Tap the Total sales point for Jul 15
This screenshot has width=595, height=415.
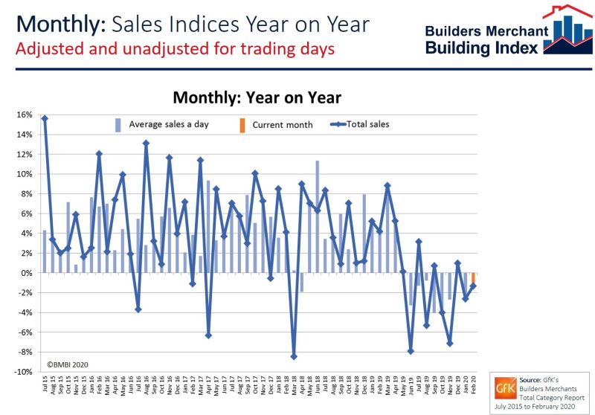(x=45, y=118)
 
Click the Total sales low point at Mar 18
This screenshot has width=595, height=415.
(x=294, y=357)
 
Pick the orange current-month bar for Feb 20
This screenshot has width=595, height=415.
(x=473, y=280)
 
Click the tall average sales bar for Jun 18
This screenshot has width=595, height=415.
(x=318, y=216)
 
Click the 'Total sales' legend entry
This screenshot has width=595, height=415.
(x=364, y=124)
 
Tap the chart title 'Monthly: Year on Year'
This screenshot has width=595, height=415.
(x=257, y=97)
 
